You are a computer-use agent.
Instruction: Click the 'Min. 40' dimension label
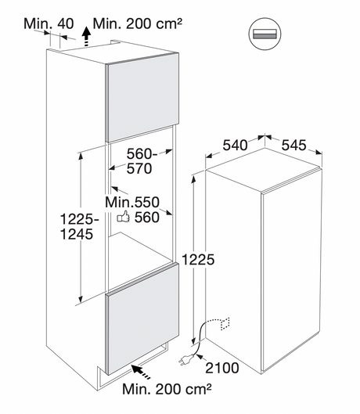point(49,23)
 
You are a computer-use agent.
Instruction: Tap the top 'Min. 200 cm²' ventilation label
point(138,23)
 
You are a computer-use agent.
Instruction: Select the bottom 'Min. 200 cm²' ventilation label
point(167,389)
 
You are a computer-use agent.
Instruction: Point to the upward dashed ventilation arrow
point(86,37)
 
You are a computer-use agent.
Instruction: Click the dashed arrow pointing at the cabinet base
point(141,373)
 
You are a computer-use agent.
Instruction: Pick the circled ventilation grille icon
point(265,34)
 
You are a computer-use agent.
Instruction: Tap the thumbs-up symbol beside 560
point(124,217)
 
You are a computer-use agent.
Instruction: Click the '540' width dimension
point(235,145)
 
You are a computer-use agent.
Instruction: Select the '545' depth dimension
point(293,145)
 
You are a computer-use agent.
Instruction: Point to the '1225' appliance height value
point(198,260)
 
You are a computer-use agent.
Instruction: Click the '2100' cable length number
point(222,368)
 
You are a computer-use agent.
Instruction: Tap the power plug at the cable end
point(186,360)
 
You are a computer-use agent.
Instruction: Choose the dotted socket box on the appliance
point(225,324)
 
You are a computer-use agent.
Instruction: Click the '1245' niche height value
point(77,234)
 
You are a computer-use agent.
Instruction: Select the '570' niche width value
point(139,168)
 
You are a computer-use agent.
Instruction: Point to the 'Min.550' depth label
point(132,202)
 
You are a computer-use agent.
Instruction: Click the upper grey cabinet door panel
point(142,98)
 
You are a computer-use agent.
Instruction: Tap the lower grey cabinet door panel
point(142,319)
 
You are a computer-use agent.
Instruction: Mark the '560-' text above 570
point(142,153)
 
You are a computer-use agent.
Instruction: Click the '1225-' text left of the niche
point(79,219)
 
